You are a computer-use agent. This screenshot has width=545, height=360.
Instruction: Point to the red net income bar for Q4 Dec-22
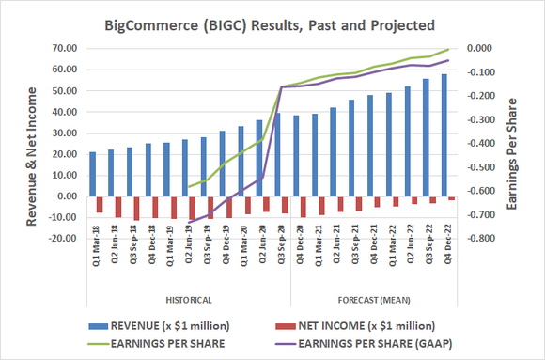click(x=451, y=198)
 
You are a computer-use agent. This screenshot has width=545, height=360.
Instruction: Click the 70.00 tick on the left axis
click(x=64, y=48)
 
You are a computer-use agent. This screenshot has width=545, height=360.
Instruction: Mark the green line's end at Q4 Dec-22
click(x=447, y=50)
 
